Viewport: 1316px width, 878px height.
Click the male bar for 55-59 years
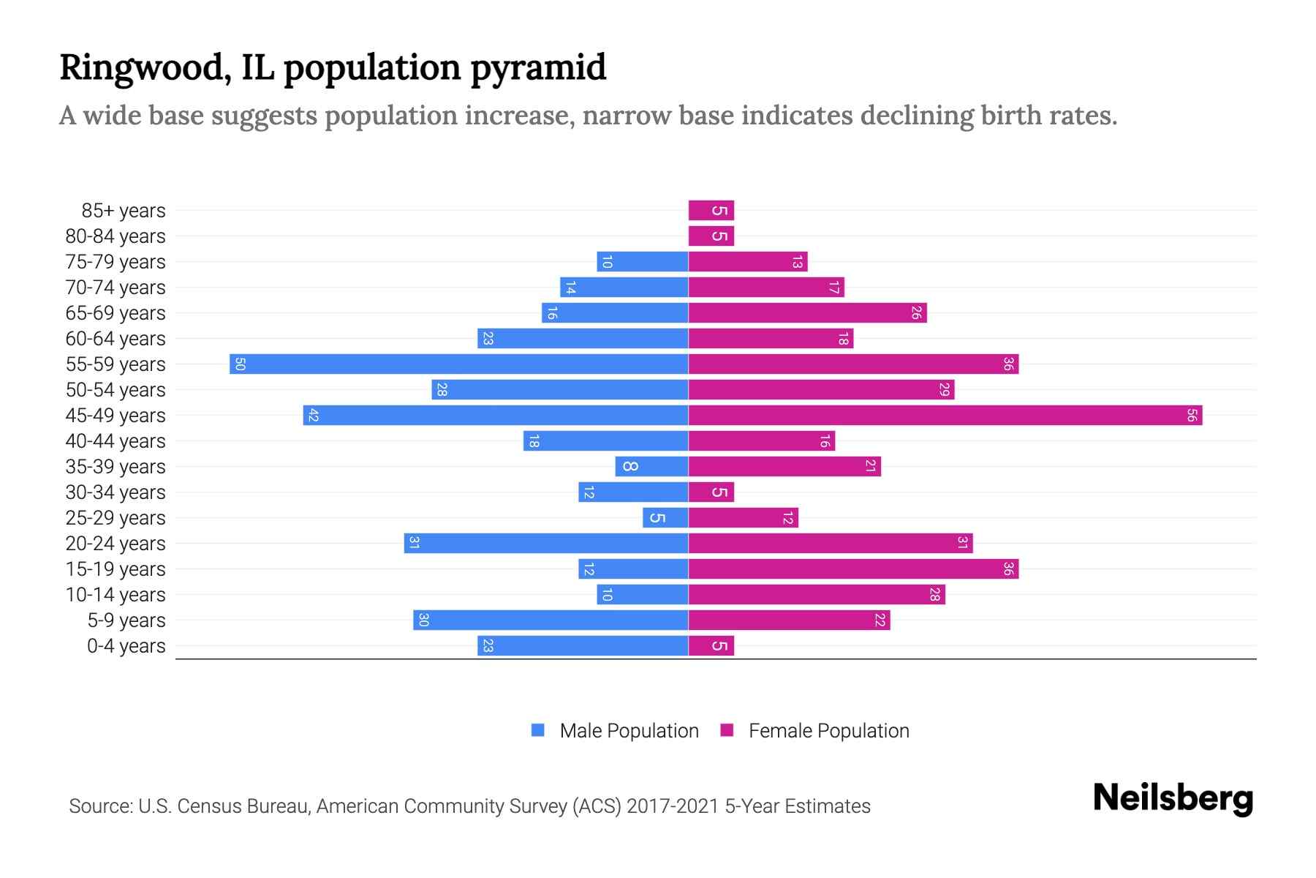458,364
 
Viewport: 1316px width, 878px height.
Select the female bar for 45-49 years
945,415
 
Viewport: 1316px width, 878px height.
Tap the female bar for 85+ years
711,211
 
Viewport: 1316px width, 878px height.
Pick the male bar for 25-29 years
665,517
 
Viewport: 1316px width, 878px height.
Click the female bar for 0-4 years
711,645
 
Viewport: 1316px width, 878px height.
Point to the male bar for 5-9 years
551,620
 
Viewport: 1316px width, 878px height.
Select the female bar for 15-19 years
853,569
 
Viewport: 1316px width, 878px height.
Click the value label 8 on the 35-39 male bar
629,466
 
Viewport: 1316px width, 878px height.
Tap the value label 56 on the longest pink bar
1192,415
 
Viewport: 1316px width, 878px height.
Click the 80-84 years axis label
116,236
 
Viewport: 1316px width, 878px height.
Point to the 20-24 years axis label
116,544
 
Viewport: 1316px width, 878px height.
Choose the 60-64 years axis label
116,339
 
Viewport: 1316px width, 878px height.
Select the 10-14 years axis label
116,595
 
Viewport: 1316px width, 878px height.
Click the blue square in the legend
538,730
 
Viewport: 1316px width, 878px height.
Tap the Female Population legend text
828,730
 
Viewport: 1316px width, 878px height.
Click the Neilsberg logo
1173,798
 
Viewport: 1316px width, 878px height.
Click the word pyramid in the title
537,67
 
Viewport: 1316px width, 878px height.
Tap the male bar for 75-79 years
642,261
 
